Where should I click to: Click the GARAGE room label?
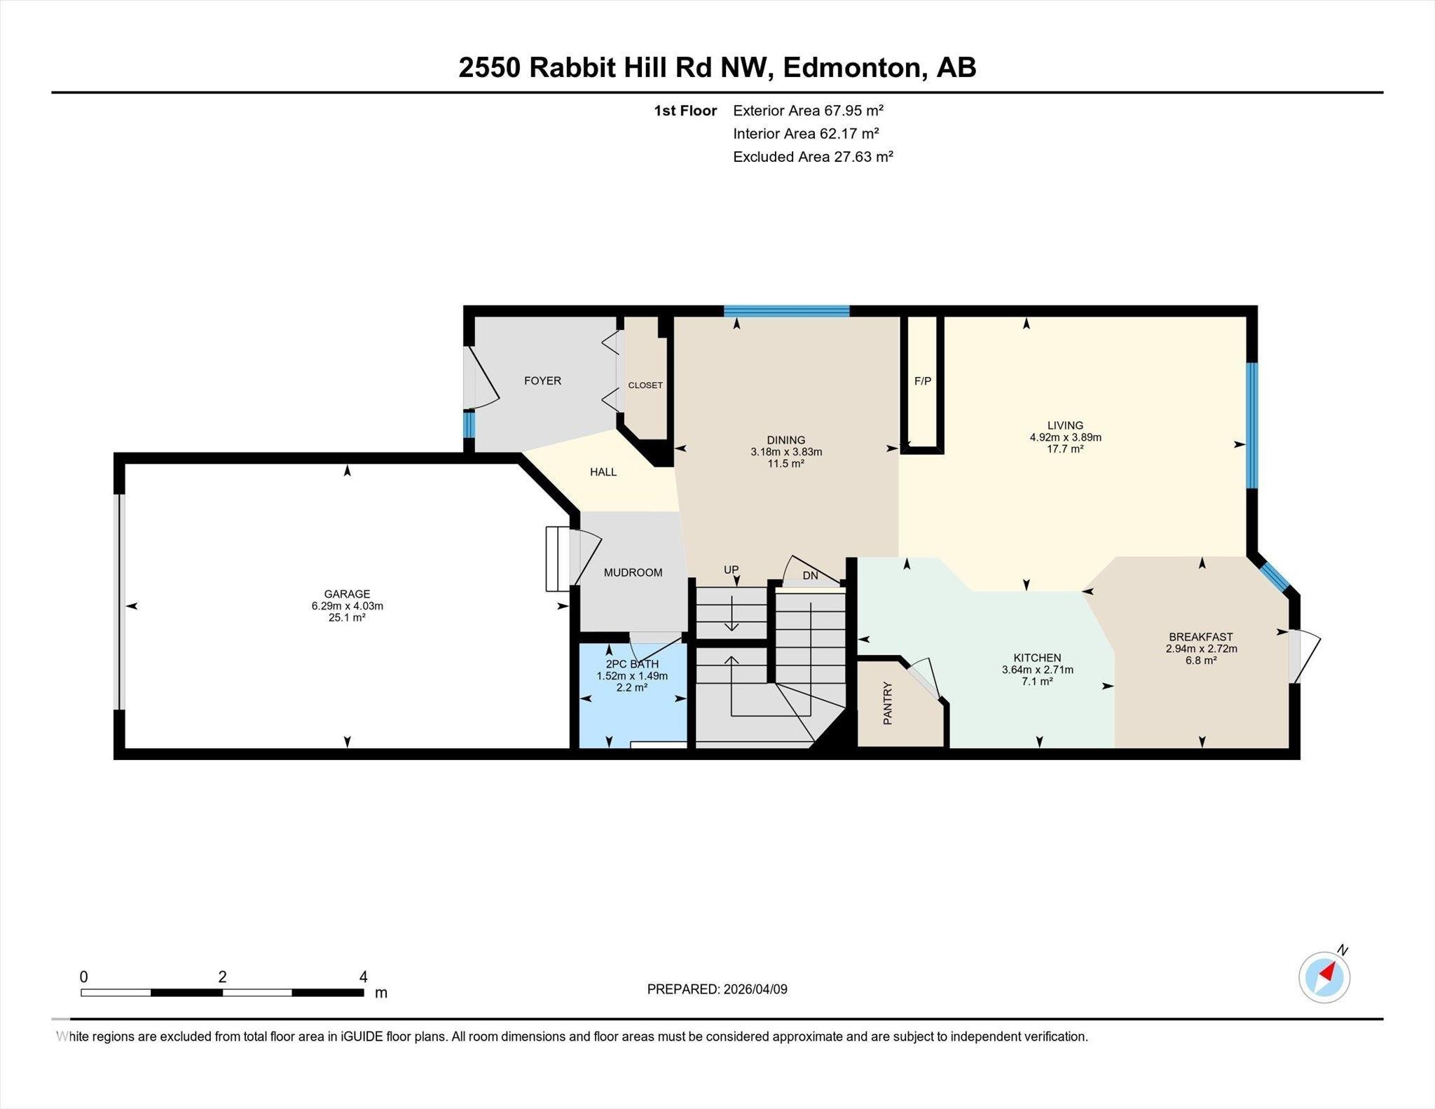pos(347,594)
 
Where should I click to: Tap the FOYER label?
pos(542,381)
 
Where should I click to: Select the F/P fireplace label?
pos(923,381)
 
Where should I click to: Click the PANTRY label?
pos(888,703)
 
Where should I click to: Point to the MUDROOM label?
pos(633,572)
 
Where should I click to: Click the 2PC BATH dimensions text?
pos(631,676)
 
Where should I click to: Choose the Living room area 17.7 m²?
pos(1065,449)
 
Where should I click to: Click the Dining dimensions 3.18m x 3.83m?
pos(785,452)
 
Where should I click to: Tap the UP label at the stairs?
pos(731,570)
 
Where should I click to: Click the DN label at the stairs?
pos(810,576)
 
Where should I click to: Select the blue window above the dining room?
pos(786,312)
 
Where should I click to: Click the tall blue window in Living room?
pos(1251,425)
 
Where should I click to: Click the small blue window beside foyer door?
pos(469,424)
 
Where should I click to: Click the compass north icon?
pos(1324,977)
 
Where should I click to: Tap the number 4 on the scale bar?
pos(363,977)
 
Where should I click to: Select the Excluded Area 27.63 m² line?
pos(812,157)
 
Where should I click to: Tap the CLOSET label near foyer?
pos(645,385)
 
